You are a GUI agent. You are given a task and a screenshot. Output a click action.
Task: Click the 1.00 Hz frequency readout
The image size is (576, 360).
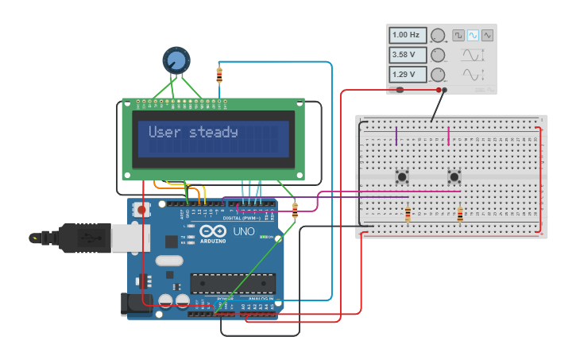point(407,35)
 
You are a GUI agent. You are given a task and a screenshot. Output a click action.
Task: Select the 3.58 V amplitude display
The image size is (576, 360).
point(407,55)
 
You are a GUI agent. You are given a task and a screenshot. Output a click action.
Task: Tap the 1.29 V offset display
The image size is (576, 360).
point(407,75)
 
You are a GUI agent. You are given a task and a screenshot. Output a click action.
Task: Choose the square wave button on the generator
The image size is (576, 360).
point(458,35)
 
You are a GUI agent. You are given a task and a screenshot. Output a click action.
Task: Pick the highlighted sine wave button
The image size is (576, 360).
point(473,35)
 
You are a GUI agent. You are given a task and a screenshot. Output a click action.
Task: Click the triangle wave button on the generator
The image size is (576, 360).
point(487,35)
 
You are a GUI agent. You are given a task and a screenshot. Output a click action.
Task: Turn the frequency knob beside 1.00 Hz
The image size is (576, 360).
point(439,35)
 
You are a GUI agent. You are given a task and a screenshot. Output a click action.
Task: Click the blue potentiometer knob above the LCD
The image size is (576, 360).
point(176,60)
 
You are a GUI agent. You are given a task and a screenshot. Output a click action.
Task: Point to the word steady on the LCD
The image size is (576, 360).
point(214,132)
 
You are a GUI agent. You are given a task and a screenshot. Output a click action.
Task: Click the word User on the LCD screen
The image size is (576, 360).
point(164,132)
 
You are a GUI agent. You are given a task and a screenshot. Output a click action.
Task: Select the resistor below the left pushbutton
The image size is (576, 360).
point(408,214)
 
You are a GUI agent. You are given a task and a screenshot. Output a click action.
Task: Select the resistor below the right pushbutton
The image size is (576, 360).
point(460,214)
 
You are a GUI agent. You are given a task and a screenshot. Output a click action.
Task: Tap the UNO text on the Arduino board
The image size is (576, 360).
point(244,232)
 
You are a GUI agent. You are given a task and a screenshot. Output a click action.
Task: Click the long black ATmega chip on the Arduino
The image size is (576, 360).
point(233,283)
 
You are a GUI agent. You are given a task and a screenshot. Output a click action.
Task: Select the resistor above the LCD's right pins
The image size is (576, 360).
point(219,75)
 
